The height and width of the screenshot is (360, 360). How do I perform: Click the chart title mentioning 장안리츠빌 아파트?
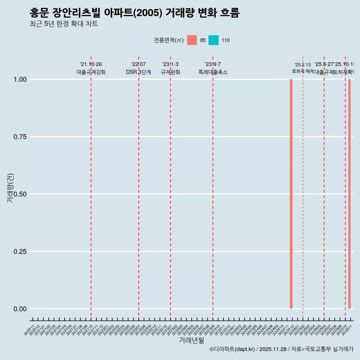pyautogui.click(x=134, y=13)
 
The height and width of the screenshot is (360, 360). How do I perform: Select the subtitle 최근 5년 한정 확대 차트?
pyautogui.click(x=64, y=24)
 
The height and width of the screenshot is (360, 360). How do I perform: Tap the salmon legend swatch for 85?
pyautogui.click(x=192, y=40)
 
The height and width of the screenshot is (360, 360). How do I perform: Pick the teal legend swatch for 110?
pyautogui.click(x=213, y=40)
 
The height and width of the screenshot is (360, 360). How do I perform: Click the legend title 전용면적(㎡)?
pyautogui.click(x=168, y=40)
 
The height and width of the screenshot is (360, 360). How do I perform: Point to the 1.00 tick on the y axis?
pyautogui.click(x=20, y=79)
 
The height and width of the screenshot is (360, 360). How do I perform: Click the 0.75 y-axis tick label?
pyautogui.click(x=20, y=137)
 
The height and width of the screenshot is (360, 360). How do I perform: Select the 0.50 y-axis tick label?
pyautogui.click(x=20, y=194)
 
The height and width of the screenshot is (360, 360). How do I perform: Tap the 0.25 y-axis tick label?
pyautogui.click(x=20, y=252)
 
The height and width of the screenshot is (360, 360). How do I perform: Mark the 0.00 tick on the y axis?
pyautogui.click(x=20, y=309)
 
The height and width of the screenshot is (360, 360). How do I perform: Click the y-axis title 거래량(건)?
pyautogui.click(x=10, y=188)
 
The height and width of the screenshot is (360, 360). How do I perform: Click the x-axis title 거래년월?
pyautogui.click(x=192, y=340)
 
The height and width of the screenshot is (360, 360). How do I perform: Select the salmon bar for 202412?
pyautogui.click(x=291, y=194)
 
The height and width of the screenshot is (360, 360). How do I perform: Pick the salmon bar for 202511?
pyautogui.click(x=349, y=194)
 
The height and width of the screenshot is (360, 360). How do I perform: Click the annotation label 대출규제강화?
pyautogui.click(x=91, y=72)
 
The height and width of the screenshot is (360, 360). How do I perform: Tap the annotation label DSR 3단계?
pyautogui.click(x=138, y=72)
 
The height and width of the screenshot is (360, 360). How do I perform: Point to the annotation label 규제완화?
pyautogui.click(x=171, y=72)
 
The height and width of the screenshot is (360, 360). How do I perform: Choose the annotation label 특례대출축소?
pyautogui.click(x=213, y=72)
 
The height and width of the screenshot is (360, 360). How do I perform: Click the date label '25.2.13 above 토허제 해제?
pyautogui.click(x=303, y=65)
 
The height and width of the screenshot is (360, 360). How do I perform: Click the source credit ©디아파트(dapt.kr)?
pyautogui.click(x=232, y=349)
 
